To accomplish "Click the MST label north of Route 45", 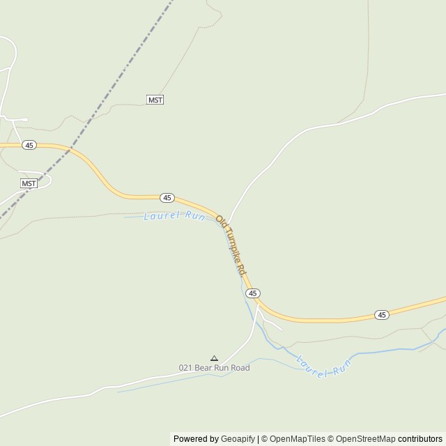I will [x=155, y=100].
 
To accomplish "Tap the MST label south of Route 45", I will [x=29, y=183].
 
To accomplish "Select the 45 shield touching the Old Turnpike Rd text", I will [x=253, y=293].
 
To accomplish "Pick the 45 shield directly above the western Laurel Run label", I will [x=167, y=198].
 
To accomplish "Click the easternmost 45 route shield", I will [x=381, y=315].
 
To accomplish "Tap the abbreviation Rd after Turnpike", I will [x=241, y=268].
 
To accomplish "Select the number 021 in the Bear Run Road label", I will [x=185, y=368].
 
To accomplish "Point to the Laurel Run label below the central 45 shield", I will [x=174, y=216].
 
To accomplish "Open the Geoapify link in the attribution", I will [x=238, y=439].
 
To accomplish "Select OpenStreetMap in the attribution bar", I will [x=365, y=439].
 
